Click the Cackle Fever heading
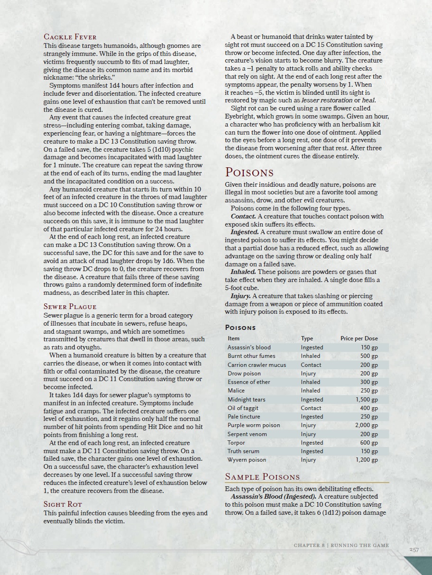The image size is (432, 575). point(70,37)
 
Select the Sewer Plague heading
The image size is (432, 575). point(70,307)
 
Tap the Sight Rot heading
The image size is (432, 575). point(63,504)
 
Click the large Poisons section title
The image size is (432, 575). point(249,172)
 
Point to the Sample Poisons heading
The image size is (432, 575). point(262,476)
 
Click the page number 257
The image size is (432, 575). point(414,549)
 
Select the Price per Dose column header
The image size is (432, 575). point(359,338)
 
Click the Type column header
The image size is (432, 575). point(307,338)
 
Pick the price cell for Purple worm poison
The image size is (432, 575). point(366,425)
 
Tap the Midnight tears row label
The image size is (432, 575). point(246,400)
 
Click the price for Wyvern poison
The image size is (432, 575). point(367,460)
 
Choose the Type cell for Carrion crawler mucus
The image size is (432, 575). point(311,365)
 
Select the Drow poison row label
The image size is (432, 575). point(244,374)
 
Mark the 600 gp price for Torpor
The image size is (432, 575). point(368,443)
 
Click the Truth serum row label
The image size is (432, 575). point(243,451)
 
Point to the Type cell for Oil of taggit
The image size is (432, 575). point(311,408)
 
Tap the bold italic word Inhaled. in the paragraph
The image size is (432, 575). point(243,272)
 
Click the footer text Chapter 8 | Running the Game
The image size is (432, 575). point(341,546)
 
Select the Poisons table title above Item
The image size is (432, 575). point(240,328)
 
